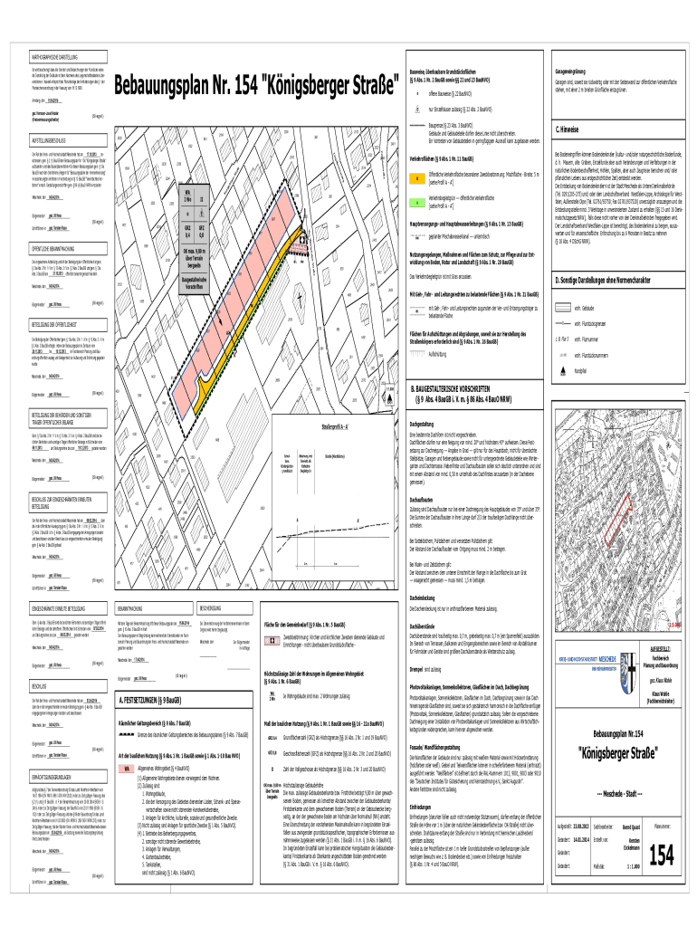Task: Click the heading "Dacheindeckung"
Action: pos(427,599)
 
